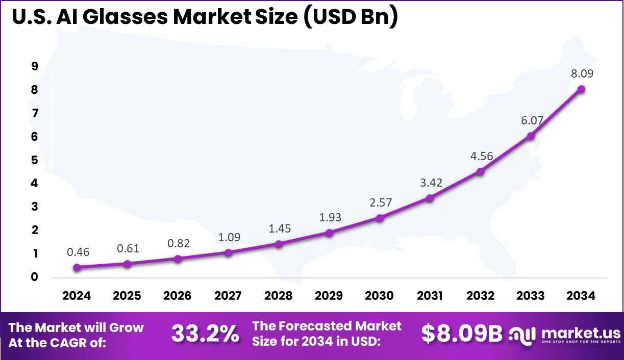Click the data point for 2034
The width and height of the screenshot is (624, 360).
(581, 89)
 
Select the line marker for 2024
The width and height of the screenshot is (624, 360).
(77, 267)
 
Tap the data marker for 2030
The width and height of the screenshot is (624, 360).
(380, 218)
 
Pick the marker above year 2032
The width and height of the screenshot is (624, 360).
(480, 172)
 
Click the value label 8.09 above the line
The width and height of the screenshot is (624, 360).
(582, 73)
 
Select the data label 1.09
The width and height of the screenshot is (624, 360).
(229, 237)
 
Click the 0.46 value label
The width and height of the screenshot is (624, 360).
(77, 251)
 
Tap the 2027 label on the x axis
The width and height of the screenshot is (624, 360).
(228, 296)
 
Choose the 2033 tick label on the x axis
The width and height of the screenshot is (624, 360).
(531, 296)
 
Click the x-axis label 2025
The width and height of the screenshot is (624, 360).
(127, 296)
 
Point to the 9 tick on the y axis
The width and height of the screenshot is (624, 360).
(34, 66)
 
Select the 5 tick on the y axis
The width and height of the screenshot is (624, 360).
(34, 160)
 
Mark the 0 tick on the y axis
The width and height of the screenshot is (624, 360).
(34, 277)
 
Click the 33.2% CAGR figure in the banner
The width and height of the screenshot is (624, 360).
(205, 334)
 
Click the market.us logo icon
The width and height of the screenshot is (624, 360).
(522, 335)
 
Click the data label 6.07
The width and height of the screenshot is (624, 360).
(532, 121)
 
